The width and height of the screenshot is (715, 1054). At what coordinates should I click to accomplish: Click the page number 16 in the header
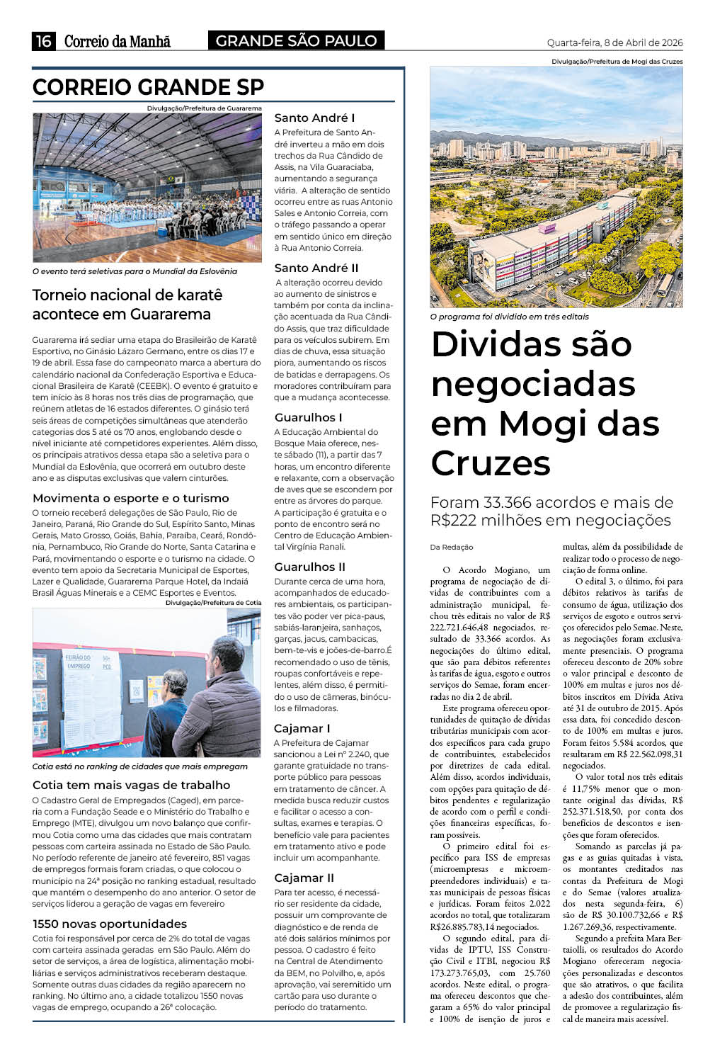44,41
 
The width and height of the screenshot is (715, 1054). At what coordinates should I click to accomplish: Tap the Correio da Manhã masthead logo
118,41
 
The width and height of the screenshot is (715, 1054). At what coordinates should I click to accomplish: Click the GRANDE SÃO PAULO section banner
296,41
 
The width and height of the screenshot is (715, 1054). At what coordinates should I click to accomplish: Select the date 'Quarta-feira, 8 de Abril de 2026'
614,42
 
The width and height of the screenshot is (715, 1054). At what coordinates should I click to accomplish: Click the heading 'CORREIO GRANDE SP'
148,87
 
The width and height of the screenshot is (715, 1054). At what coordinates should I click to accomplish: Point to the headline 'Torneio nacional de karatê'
127,295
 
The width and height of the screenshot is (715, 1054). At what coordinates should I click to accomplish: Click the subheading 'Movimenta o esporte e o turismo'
131,498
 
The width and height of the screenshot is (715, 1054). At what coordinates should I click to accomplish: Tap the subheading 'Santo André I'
314,118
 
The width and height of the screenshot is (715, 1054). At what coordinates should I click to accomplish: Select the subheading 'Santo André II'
316,268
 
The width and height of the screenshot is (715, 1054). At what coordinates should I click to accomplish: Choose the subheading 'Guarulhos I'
308,417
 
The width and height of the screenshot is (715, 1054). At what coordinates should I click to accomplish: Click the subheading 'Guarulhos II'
309,567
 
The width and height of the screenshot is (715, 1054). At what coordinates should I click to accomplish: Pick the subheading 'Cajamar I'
302,728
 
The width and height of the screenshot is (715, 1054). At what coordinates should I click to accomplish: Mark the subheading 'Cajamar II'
304,878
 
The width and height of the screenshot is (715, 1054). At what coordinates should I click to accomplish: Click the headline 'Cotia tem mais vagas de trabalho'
131,785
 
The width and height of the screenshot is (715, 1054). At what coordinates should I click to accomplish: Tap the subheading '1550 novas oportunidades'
110,924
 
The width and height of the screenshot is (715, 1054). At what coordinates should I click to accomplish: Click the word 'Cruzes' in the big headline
491,463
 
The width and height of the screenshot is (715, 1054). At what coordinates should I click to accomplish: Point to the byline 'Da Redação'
452,547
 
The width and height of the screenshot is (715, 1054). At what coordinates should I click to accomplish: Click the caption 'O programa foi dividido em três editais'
509,317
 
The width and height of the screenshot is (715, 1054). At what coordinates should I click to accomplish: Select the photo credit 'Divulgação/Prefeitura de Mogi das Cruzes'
617,62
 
